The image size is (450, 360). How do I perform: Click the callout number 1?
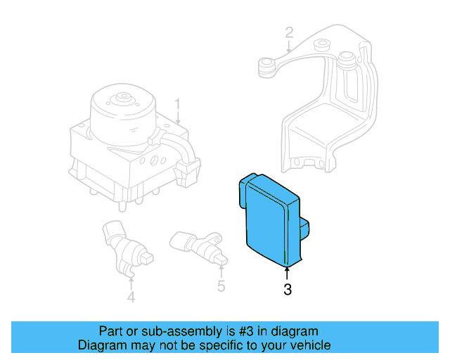tap(178, 105)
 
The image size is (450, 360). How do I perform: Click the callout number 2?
tap(289, 32)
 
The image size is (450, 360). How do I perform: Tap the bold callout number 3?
tap(287, 289)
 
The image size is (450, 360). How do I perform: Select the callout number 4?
tap(131, 297)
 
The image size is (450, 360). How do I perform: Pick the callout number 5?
tap(221, 286)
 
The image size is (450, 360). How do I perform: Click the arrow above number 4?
tap(131, 281)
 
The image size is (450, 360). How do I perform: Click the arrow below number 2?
tap(289, 47)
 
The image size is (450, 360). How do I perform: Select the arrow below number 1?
tap(178, 120)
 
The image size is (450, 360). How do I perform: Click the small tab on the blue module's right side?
tap(304, 229)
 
